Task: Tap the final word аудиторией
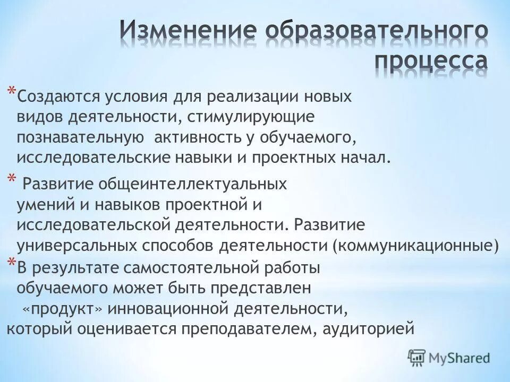(366, 329)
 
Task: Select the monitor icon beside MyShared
(417, 357)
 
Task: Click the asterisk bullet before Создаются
(11, 93)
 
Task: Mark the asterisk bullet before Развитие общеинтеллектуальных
(11, 180)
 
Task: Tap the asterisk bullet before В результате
(11, 264)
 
